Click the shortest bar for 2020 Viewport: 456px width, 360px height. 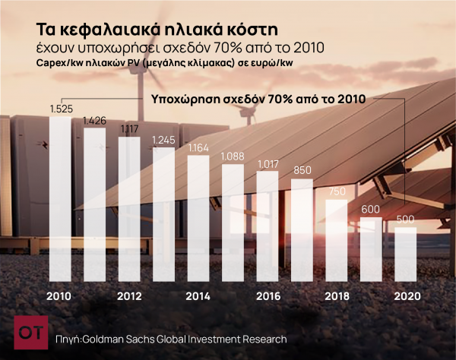(x=405, y=254)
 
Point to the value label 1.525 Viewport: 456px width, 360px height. (x=61, y=110)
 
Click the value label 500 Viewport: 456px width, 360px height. (x=405, y=220)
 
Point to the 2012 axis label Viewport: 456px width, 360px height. (x=129, y=296)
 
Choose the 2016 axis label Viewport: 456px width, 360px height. (x=268, y=296)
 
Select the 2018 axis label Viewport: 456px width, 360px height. (x=337, y=296)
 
